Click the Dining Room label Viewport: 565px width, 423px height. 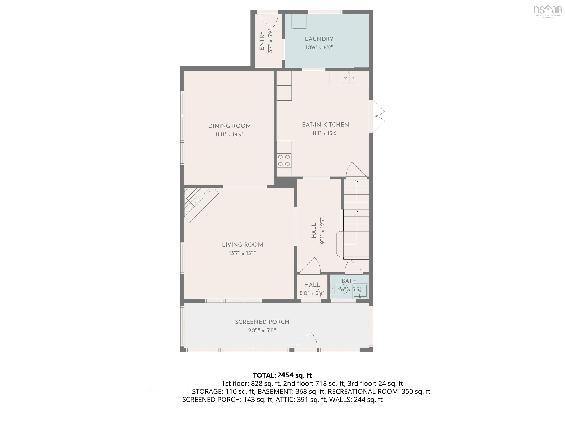coord(229,126)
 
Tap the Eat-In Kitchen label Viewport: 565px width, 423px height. coord(325,125)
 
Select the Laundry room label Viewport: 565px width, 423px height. coord(319,39)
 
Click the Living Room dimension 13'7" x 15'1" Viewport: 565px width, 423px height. coord(242,253)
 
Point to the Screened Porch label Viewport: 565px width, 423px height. coord(262,322)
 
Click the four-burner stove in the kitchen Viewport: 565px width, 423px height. coord(284,161)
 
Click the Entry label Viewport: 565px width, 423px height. coord(262,41)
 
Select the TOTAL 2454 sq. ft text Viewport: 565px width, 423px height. coord(282,375)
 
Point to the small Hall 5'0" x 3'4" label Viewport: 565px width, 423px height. coord(312,289)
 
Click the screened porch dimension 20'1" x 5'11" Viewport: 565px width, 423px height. coord(262,331)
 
